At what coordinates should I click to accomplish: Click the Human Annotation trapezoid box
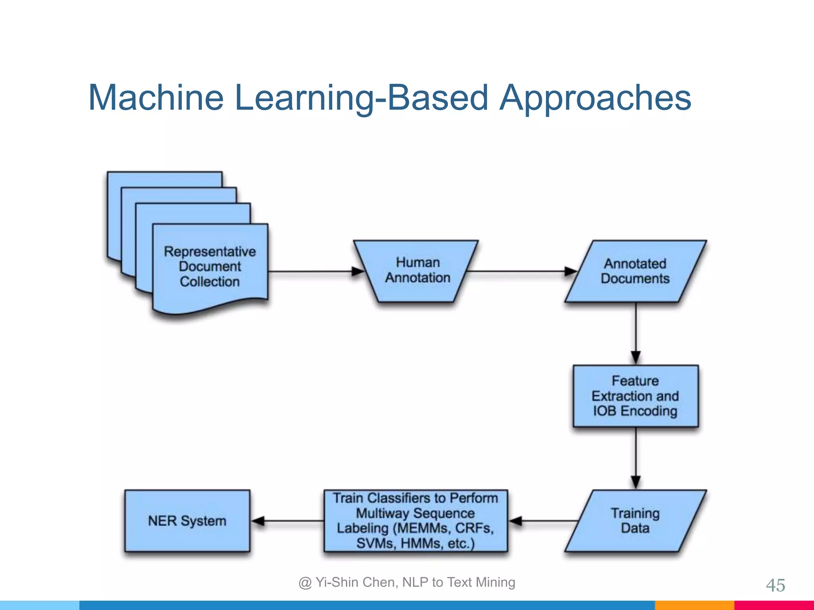pyautogui.click(x=417, y=270)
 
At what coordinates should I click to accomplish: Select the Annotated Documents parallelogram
pyautogui.click(x=635, y=271)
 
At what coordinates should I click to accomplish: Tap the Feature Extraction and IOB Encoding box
pyautogui.click(x=635, y=396)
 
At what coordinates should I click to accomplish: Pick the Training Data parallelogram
pyautogui.click(x=635, y=521)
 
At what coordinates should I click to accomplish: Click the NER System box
pyautogui.click(x=187, y=521)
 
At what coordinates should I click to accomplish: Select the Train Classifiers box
pyautogui.click(x=415, y=521)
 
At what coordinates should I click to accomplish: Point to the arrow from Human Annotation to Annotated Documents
pyautogui.click(x=521, y=272)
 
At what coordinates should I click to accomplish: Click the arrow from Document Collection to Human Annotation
pyautogui.click(x=314, y=272)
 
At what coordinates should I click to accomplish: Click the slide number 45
pyautogui.click(x=775, y=585)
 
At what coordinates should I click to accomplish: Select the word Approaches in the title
pyautogui.click(x=595, y=98)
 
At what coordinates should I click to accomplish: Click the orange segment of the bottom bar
pyautogui.click(x=694, y=605)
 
